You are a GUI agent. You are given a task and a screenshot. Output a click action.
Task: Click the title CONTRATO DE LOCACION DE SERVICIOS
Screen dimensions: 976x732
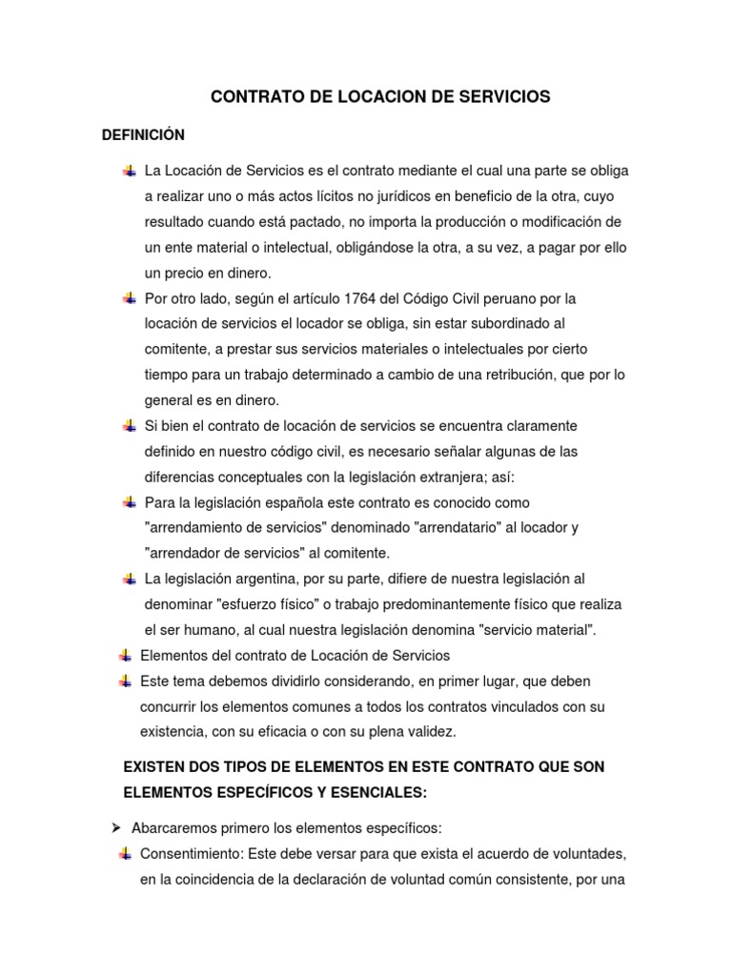pyautogui.click(x=379, y=97)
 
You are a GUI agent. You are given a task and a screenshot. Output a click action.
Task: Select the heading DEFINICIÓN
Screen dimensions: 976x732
pyautogui.click(x=143, y=134)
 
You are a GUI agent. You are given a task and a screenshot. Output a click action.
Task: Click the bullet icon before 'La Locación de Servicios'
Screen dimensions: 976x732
pyautogui.click(x=129, y=171)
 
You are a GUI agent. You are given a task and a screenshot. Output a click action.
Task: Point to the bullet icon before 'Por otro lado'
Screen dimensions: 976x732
pyautogui.click(x=129, y=298)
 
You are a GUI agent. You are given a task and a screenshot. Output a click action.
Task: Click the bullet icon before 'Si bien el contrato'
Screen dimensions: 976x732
pyautogui.click(x=129, y=425)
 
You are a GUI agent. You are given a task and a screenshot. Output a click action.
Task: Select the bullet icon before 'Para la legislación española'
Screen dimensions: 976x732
pyautogui.click(x=129, y=501)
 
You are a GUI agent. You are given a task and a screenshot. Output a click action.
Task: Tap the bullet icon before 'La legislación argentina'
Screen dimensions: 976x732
pyautogui.click(x=129, y=579)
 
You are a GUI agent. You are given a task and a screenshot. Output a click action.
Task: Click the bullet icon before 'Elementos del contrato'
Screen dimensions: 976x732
pyautogui.click(x=125, y=655)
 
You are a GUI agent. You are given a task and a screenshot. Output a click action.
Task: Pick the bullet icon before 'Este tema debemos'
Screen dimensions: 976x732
pyautogui.click(x=125, y=681)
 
